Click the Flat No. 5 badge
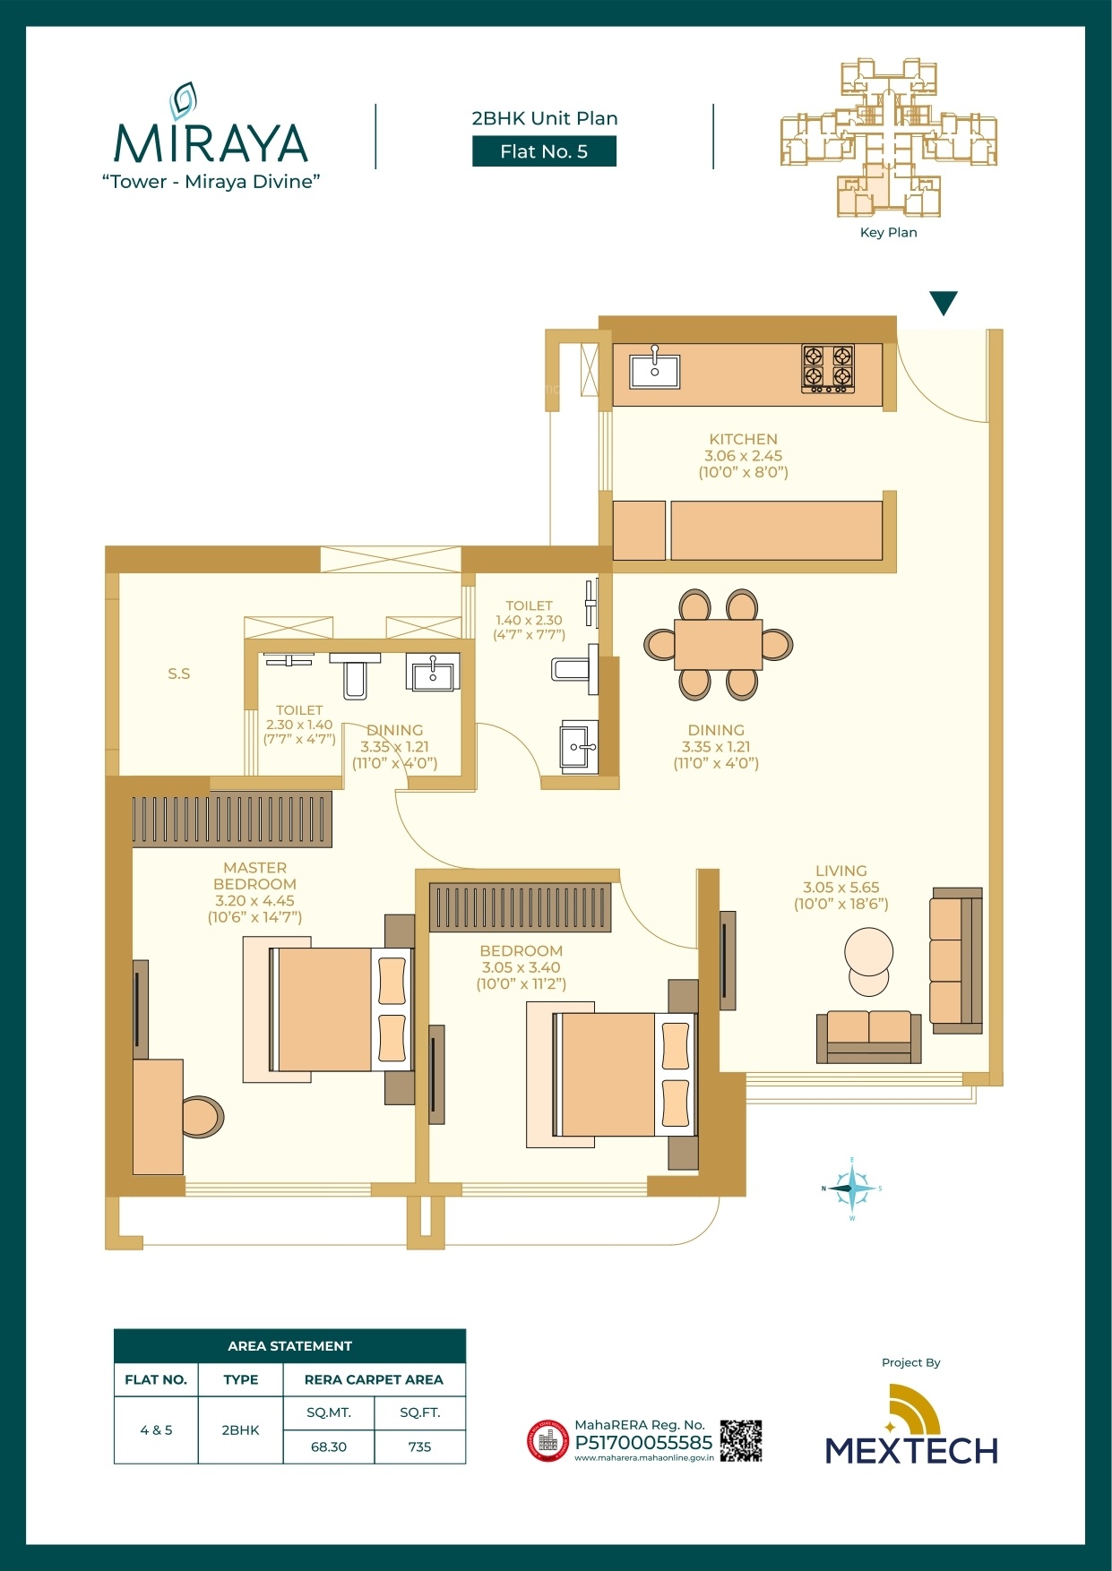pos(544,151)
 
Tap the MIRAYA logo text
pos(211,143)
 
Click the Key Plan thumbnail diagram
pos(888,139)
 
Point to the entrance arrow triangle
pos(944,303)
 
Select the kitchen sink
pos(654,368)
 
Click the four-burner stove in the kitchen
pos(828,368)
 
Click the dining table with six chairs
pos(718,644)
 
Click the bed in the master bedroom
pos(329,1009)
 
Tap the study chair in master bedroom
pos(203,1117)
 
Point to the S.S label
pos(179,674)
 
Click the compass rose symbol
pos(851,1189)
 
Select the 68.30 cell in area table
pos(329,1447)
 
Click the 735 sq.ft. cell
pos(419,1447)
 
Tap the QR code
pos(741,1441)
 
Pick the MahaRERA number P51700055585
pos(643,1443)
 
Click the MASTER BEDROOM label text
pos(255,875)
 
